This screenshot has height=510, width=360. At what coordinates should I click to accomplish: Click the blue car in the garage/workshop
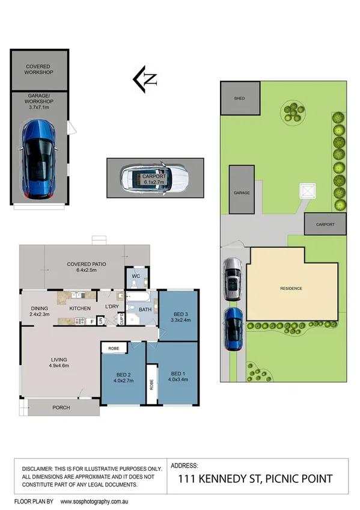(x=38, y=159)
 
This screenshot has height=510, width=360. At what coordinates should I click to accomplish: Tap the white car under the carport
(x=154, y=178)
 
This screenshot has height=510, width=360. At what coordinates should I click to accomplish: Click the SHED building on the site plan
(x=240, y=98)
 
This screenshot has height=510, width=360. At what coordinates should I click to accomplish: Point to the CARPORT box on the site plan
(x=326, y=224)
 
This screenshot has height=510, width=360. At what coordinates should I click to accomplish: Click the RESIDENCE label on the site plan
(x=291, y=289)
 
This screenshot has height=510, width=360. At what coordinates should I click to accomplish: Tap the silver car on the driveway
(x=233, y=280)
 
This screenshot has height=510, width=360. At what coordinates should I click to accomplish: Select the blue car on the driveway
(x=233, y=328)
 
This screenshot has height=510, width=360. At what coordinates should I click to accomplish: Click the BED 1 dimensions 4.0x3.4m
(x=178, y=379)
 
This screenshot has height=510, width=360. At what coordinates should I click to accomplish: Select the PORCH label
(x=61, y=408)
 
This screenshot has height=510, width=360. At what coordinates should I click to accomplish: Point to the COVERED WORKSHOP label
(x=38, y=69)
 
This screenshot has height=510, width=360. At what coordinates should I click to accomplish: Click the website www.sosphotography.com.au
(x=99, y=501)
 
